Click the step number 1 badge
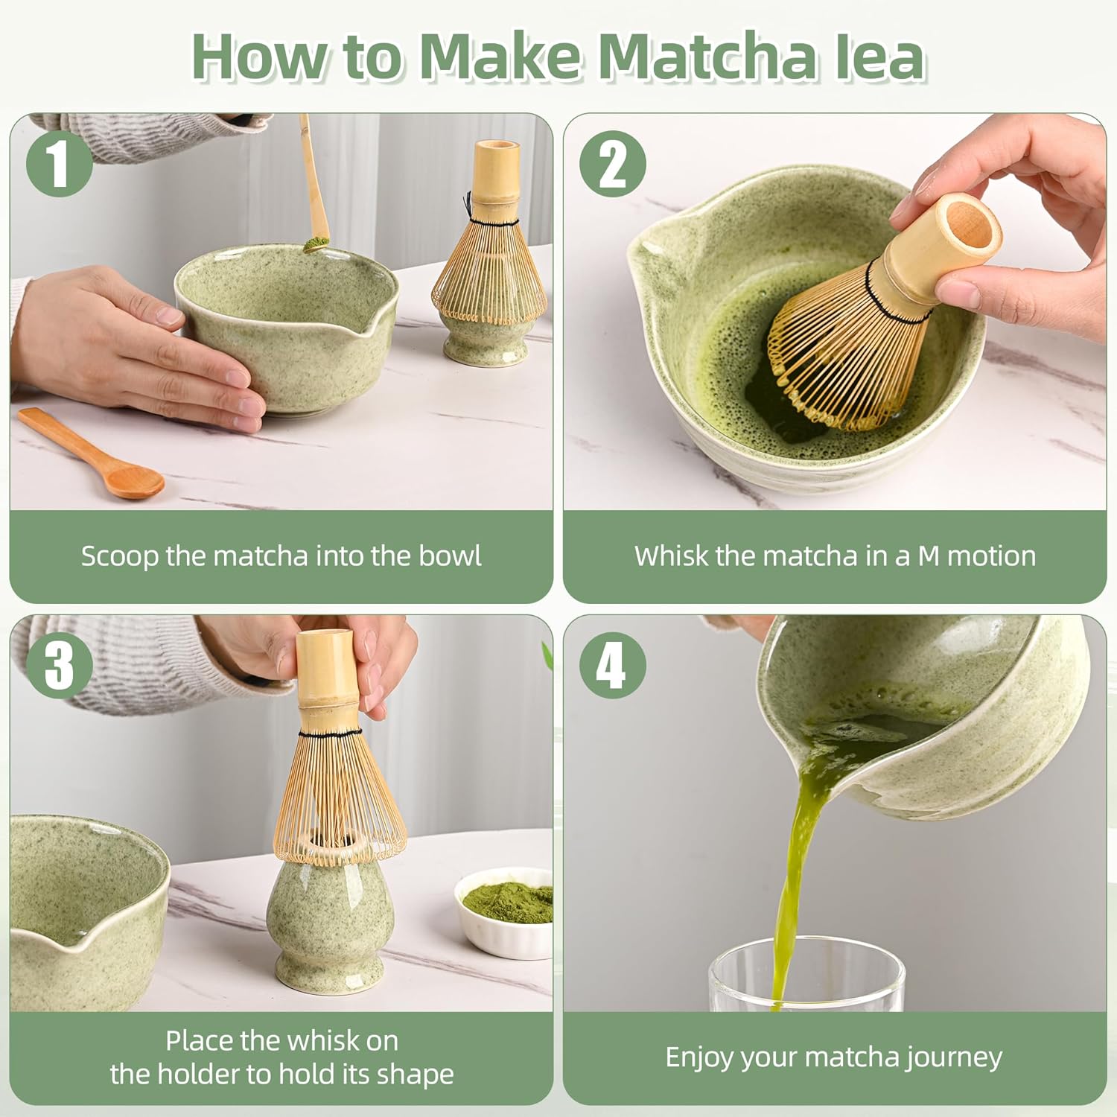[60, 164]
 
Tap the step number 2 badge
[613, 164]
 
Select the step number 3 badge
[60, 665]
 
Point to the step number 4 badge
[613, 665]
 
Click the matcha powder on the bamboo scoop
[316, 244]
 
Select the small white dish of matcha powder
[504, 912]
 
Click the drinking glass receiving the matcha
[806, 976]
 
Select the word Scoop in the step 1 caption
[120, 557]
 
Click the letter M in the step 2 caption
[929, 556]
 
